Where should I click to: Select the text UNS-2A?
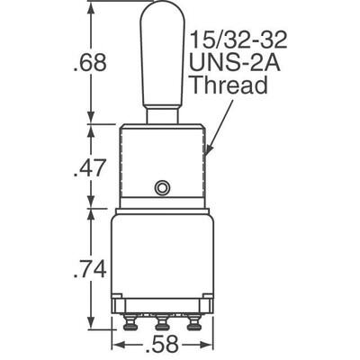pos(233,65)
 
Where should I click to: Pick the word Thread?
pos(229,87)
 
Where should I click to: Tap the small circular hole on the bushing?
pos(162,187)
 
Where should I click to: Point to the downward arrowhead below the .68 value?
pos(90,116)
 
